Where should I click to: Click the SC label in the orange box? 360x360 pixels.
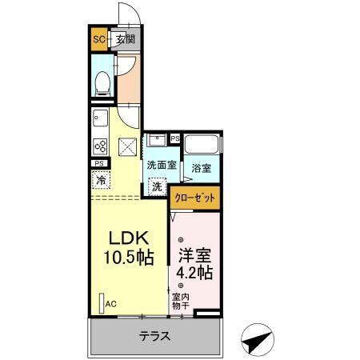click(x=99, y=39)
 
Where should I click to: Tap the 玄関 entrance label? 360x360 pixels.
click(x=124, y=39)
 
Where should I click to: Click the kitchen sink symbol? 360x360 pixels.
click(x=101, y=121)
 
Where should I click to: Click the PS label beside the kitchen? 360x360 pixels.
click(x=99, y=166)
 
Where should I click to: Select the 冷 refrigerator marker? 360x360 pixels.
click(x=101, y=181)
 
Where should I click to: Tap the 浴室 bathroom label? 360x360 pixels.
click(x=202, y=169)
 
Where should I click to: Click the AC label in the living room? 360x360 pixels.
click(x=111, y=303)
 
